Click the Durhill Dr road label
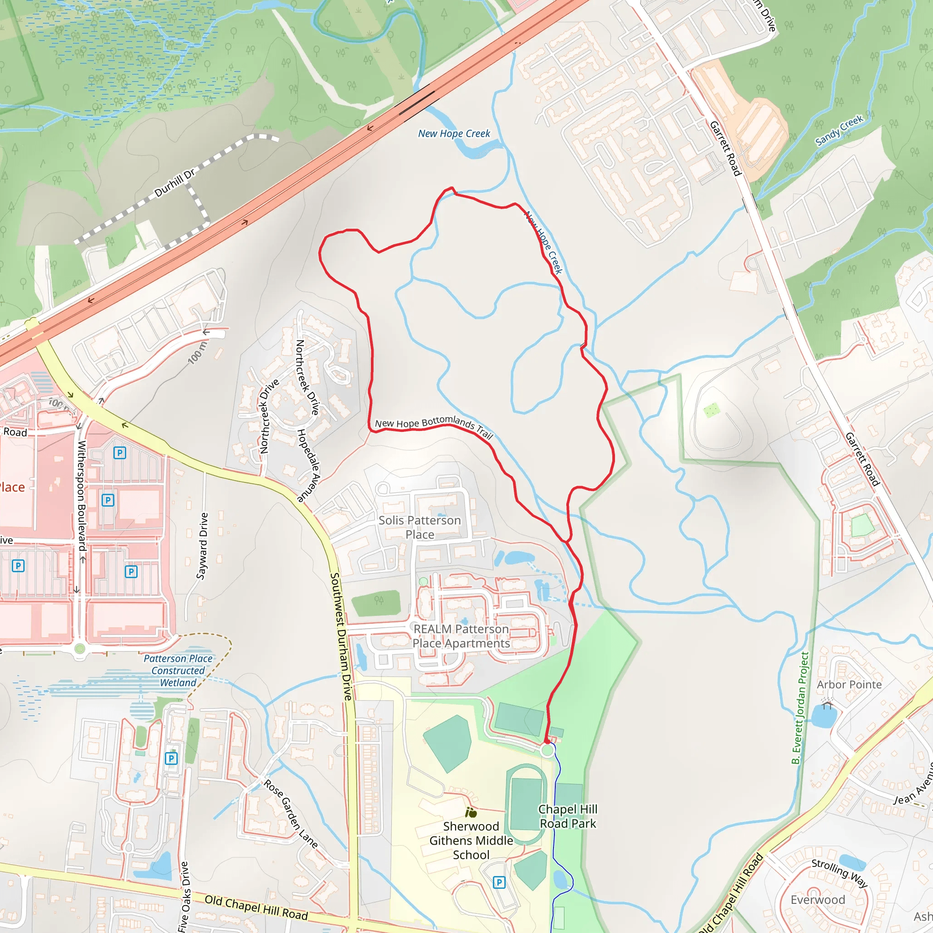(175, 183)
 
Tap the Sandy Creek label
(839, 130)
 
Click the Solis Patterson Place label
(420, 528)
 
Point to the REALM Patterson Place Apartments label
(461, 636)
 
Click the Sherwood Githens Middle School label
(471, 841)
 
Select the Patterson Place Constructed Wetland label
(178, 670)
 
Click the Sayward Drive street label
(202, 546)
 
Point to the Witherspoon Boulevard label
(82, 496)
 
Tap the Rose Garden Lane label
(291, 814)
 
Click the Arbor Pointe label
(849, 684)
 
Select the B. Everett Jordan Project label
(800, 708)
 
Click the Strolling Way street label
(839, 873)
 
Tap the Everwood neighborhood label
(818, 900)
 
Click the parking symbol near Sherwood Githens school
(499, 883)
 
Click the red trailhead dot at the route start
(547, 741)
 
